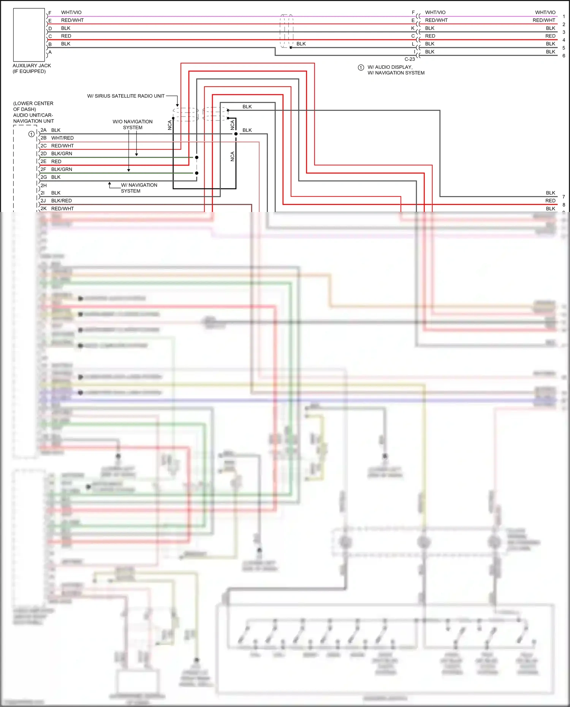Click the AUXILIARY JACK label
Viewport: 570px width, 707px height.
click(x=32, y=66)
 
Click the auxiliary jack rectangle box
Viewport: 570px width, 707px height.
click(x=29, y=35)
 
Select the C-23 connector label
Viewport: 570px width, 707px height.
click(x=410, y=59)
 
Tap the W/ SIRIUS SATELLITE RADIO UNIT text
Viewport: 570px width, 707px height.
click(x=126, y=96)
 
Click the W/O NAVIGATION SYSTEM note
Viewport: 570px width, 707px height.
click(x=133, y=125)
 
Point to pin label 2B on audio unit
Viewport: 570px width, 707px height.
click(x=44, y=138)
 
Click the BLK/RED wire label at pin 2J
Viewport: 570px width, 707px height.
click(x=61, y=201)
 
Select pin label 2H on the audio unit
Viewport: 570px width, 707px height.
click(x=44, y=185)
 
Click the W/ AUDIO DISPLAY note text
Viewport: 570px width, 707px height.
click(x=390, y=67)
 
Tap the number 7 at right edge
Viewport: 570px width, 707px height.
click(x=564, y=197)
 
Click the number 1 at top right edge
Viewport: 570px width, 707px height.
click(x=564, y=17)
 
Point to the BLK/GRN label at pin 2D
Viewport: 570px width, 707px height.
click(x=62, y=153)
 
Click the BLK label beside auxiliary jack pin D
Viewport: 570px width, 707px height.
click(x=66, y=28)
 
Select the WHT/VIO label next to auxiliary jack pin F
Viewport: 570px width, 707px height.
click(x=71, y=13)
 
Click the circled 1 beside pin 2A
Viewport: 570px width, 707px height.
click(x=32, y=134)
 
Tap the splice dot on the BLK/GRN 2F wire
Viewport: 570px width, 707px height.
click(x=196, y=173)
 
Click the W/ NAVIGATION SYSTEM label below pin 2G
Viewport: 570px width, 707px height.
click(x=139, y=188)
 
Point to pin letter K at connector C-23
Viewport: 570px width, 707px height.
click(x=413, y=28)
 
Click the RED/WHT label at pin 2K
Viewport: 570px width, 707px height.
click(x=62, y=209)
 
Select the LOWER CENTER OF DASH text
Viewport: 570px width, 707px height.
click(x=33, y=106)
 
